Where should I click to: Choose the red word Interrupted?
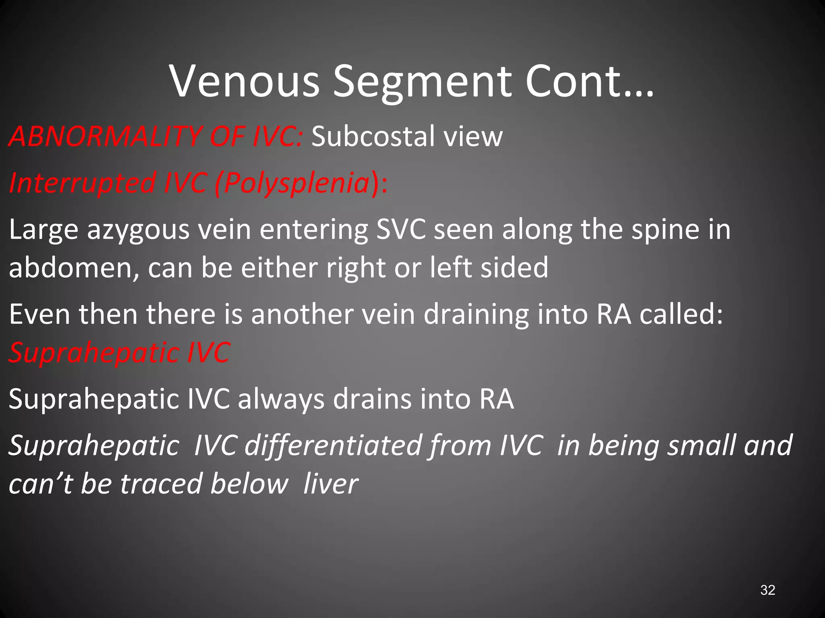click(83, 183)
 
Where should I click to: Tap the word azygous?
click(138, 230)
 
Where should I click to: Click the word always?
click(281, 400)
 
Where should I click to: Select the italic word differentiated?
click(333, 446)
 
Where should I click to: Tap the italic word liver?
click(330, 484)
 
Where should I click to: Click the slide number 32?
click(767, 590)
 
